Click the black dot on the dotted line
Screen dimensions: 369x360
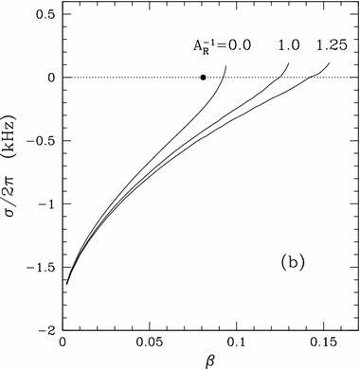pos(203,78)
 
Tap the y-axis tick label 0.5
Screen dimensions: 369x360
pos(44,14)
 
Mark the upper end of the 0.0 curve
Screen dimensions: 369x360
pos(226,66)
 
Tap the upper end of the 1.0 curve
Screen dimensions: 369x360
pos(288,63)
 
